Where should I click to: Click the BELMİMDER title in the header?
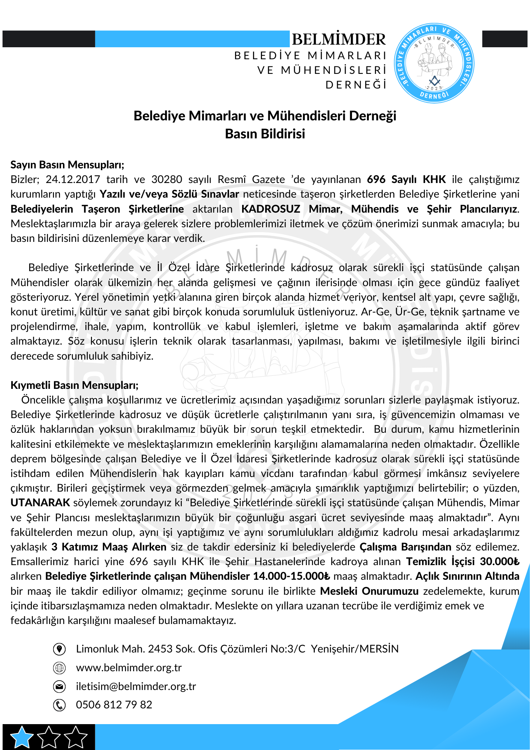pyautogui.click(x=338, y=39)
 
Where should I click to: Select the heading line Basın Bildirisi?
pyautogui.click(x=265, y=134)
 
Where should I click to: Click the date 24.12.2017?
pyautogui.click(x=73, y=179)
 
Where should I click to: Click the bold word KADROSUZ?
pyautogui.click(x=271, y=209)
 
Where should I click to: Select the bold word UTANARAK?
pyautogui.click(x=40, y=502)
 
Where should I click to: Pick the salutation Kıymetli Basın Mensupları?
pyautogui.click(x=75, y=385)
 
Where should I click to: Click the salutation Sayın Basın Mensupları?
pyautogui.click(x=67, y=165)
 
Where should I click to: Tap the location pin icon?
pyautogui.click(x=59, y=649)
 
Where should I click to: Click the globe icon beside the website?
pyautogui.click(x=59, y=668)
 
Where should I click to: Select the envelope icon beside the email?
pyautogui.click(x=59, y=687)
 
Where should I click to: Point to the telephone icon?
pyautogui.click(x=59, y=705)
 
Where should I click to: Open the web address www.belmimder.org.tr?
pyautogui.click(x=129, y=668)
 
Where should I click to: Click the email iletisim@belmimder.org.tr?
pyautogui.click(x=136, y=686)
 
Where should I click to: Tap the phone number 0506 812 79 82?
pyautogui.click(x=114, y=705)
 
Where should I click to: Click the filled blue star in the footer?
pyautogui.click(x=22, y=736)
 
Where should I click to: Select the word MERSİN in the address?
pyautogui.click(x=379, y=649)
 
